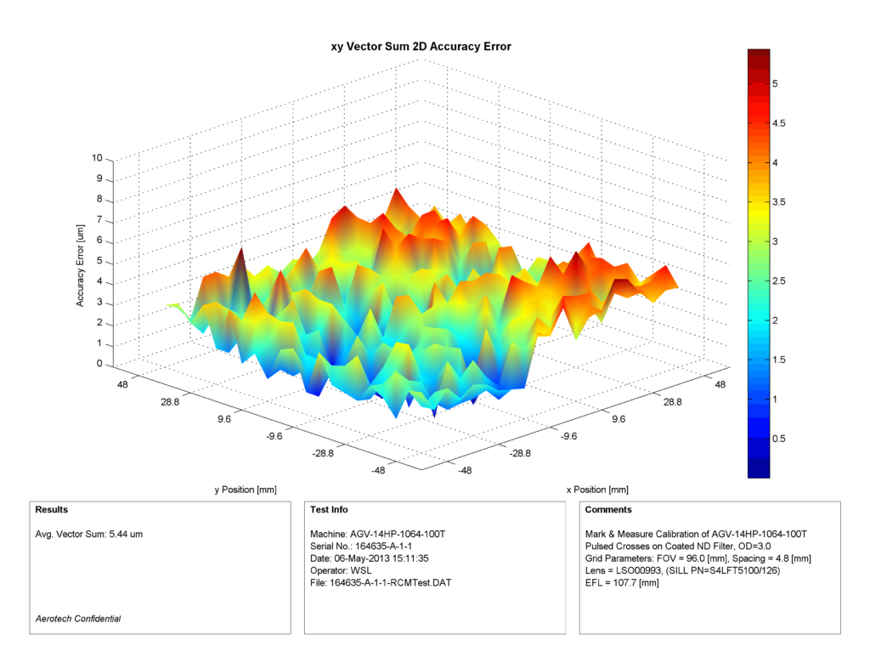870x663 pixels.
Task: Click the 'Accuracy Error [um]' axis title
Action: (82, 262)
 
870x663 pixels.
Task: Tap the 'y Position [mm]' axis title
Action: (245, 490)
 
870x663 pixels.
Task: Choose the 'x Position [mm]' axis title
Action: (596, 490)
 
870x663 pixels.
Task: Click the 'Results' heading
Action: (52, 510)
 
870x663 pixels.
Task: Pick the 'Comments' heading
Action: (609, 510)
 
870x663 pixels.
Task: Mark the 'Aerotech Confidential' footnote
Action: (78, 619)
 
